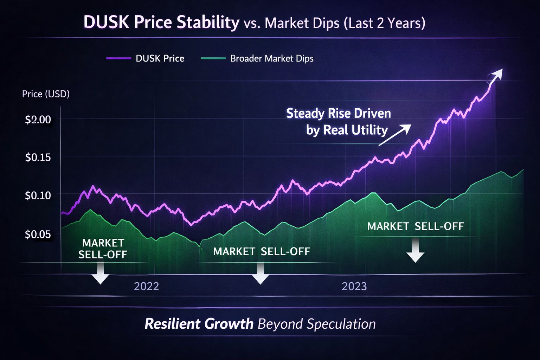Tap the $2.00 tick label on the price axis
click(x=38, y=120)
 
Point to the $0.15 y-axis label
click(x=38, y=157)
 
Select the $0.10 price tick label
click(x=38, y=195)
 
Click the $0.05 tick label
click(x=38, y=234)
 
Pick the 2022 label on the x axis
click(x=146, y=286)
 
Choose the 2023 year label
click(x=354, y=286)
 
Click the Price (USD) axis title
click(x=46, y=94)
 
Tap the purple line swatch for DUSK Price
click(x=118, y=58)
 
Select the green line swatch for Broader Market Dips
click(x=213, y=58)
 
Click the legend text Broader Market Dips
click(x=271, y=58)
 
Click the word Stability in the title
click(x=208, y=22)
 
